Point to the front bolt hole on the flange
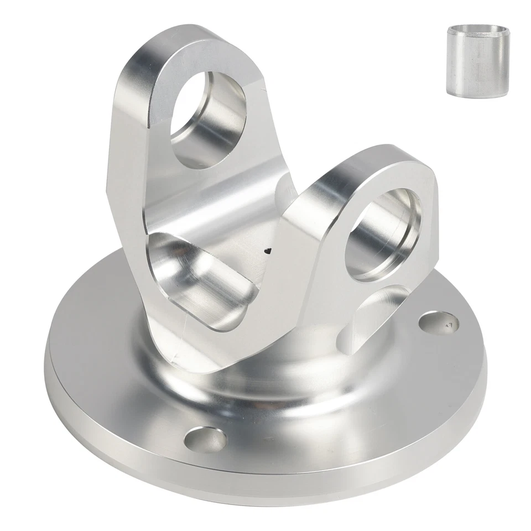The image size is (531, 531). pos(205,440)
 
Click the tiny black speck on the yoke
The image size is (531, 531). pos(268,251)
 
